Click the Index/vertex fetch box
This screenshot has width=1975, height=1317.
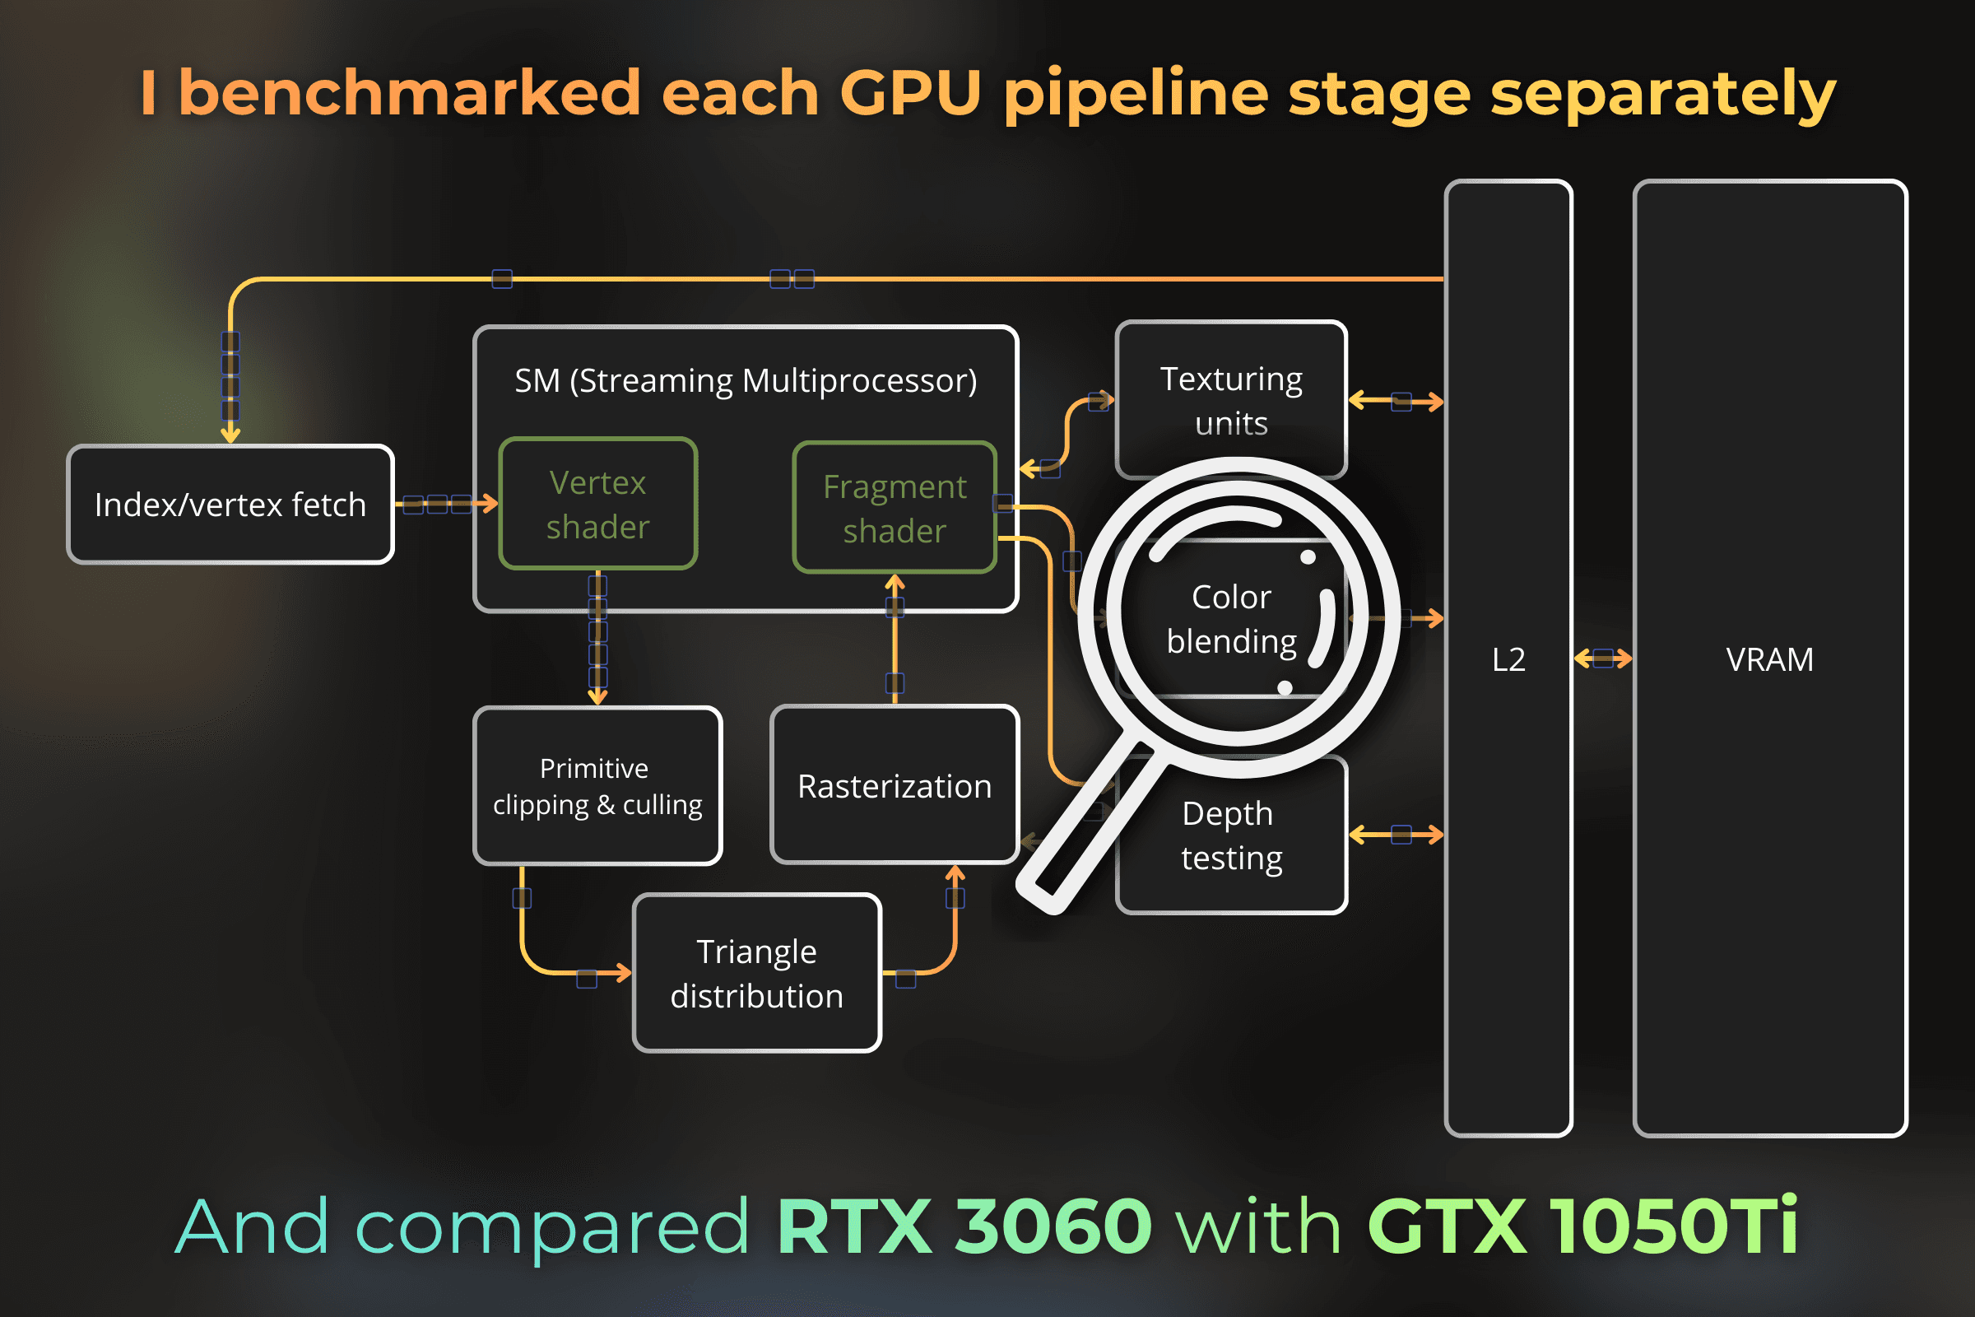(x=230, y=505)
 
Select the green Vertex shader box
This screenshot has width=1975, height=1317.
(x=598, y=504)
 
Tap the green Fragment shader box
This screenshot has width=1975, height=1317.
(x=895, y=508)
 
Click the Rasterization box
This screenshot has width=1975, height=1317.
(x=895, y=786)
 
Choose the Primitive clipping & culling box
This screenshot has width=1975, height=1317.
(x=597, y=786)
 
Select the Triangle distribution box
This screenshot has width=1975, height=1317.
(x=756, y=974)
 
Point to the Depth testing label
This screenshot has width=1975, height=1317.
(x=1231, y=835)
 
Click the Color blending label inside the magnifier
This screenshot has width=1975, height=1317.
(x=1231, y=619)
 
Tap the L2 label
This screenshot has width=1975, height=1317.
(x=1508, y=660)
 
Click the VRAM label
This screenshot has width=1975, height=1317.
(x=1769, y=660)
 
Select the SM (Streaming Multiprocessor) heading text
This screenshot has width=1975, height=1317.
(x=746, y=381)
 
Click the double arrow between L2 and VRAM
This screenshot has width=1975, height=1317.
(x=1602, y=658)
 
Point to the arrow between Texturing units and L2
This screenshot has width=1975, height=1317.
(x=1396, y=402)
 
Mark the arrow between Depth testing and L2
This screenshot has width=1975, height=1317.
(x=1396, y=835)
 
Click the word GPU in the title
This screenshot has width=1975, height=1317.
(x=910, y=92)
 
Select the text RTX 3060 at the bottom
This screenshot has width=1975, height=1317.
(x=964, y=1226)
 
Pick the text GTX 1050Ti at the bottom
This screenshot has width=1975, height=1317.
(x=1582, y=1226)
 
